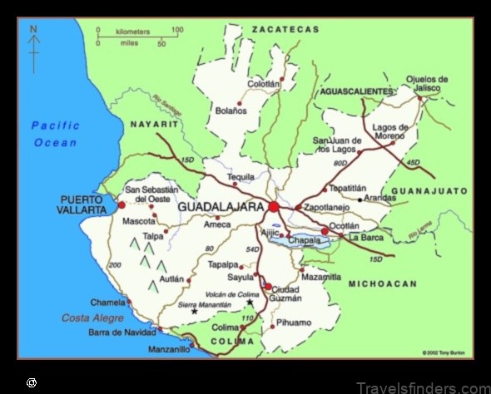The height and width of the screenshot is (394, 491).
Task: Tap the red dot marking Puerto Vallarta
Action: tap(122, 204)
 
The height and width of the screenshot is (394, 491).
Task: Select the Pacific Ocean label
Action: tap(55, 134)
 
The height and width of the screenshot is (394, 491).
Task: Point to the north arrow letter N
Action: tap(33, 30)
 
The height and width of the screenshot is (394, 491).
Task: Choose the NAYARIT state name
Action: tap(155, 124)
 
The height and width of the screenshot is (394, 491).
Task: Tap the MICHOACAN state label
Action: tap(383, 284)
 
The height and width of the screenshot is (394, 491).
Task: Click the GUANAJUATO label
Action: tap(430, 191)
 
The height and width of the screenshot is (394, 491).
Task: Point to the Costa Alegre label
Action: tap(92, 318)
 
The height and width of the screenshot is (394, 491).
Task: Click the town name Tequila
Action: tap(241, 177)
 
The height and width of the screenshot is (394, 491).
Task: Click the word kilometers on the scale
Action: tap(133, 32)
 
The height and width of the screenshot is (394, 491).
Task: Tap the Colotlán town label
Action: tap(263, 83)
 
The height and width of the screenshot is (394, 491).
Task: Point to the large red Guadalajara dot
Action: tap(274, 206)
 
